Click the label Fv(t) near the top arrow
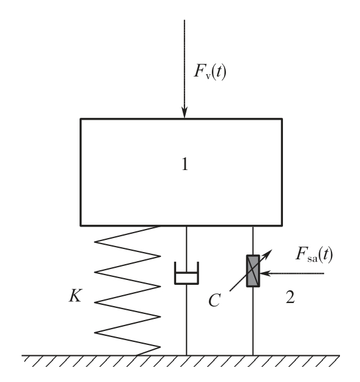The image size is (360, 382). pos(210,71)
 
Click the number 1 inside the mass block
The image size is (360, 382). pos(185,164)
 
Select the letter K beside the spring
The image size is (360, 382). pos(75,296)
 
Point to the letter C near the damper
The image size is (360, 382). pos(214,300)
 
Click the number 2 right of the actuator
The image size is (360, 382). pos(290,297)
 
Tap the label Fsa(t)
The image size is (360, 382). pos(314,254)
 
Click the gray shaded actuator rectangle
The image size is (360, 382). pos(253,271)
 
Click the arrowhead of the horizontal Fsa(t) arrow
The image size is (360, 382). pos(264,273)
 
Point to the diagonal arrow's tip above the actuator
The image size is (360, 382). pos(271,250)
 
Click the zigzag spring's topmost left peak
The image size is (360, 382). pos(95,242)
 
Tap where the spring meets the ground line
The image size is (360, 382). pos(137,355)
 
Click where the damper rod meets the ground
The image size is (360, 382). pos(186,355)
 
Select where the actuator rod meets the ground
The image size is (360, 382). pos(253,355)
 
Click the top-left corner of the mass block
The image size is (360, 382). pos(81,119)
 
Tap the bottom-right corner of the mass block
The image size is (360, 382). pos(282,226)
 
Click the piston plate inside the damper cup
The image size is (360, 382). pos(186,273)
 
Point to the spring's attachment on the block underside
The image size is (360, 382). pos(160,226)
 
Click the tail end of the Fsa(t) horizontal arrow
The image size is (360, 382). pos(324,273)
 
